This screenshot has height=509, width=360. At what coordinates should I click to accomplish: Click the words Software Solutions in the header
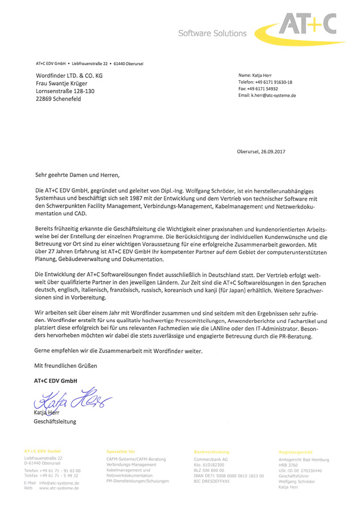point(212,34)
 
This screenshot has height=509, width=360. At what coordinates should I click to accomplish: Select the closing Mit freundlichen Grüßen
point(66,364)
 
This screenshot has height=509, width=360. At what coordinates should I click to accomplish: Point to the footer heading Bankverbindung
point(212,452)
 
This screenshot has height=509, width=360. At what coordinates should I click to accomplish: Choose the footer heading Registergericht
point(295,452)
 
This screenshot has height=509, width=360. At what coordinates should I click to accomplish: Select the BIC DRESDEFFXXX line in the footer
point(212,481)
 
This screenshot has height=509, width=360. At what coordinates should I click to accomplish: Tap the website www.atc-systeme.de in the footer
point(59,488)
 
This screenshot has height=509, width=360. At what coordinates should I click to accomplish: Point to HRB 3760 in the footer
point(288,465)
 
